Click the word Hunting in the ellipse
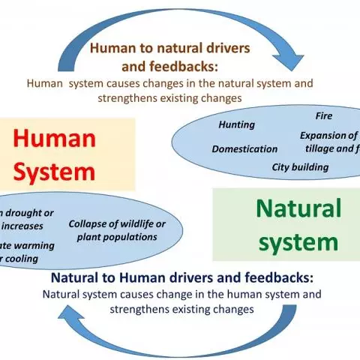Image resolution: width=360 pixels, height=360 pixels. [x=236, y=124]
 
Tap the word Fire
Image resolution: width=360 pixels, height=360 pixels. [x=323, y=116]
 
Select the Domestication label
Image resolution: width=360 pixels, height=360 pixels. [x=244, y=148]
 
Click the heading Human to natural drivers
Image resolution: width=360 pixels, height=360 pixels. [x=181, y=49]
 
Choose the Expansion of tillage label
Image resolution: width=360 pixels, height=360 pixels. [x=329, y=142]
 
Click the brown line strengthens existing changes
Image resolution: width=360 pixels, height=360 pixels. [x=180, y=97]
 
